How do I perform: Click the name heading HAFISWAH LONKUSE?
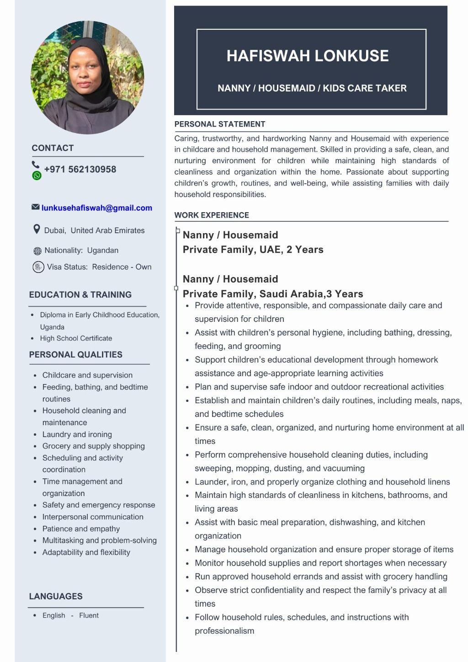click(x=308, y=56)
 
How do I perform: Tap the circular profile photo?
click(x=87, y=77)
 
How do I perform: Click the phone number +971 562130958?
click(x=80, y=169)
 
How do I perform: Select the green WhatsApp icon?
click(x=37, y=176)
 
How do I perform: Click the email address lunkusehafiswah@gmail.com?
click(x=96, y=208)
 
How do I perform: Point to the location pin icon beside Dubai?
click(x=37, y=229)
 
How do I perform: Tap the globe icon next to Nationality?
click(x=37, y=251)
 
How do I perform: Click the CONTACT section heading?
click(x=53, y=148)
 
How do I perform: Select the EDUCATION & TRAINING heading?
click(x=80, y=294)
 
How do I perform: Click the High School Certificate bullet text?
click(x=76, y=338)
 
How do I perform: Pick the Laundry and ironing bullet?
click(x=77, y=434)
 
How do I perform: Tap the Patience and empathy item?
click(x=81, y=529)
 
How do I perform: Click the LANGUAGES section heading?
click(x=56, y=596)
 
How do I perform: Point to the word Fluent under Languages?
click(x=89, y=615)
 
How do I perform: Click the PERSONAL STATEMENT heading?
click(x=219, y=124)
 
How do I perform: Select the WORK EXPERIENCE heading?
click(x=212, y=215)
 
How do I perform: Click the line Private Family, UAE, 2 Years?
click(x=253, y=250)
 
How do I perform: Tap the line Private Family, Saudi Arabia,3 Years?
click(x=273, y=294)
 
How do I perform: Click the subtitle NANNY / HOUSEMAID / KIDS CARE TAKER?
click(x=312, y=88)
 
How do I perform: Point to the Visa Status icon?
click(x=38, y=267)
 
